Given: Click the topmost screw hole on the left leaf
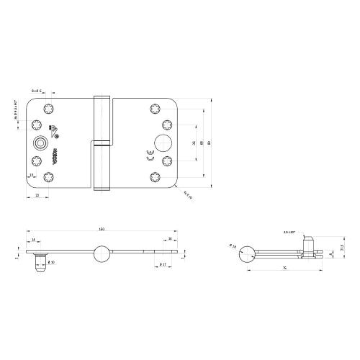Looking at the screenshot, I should point(49,109).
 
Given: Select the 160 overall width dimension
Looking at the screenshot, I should point(102,230).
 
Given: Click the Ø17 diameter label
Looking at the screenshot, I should point(163,266).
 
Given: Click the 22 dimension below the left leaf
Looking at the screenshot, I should point(37,196).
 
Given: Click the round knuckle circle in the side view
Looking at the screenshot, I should point(247,253).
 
